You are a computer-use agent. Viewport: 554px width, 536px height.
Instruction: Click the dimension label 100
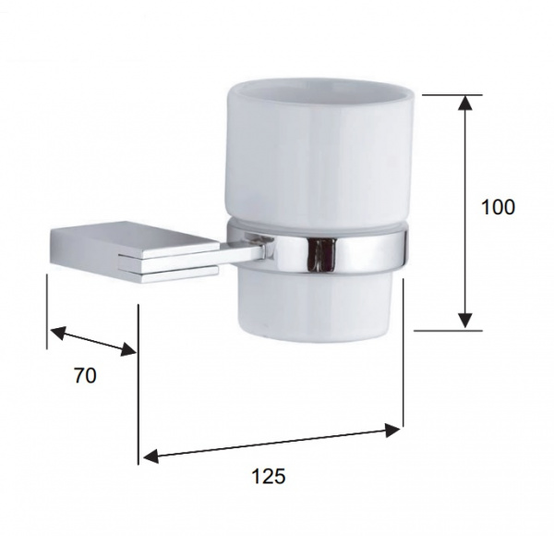pyautogui.click(x=499, y=207)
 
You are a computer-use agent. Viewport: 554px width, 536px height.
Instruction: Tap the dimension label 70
pyautogui.click(x=85, y=375)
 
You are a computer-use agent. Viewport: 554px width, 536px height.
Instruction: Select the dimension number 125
pyautogui.click(x=268, y=476)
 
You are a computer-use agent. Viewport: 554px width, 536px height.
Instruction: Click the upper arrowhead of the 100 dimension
pyautogui.click(x=466, y=103)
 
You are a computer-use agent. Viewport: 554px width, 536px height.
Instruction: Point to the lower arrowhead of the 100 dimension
pyautogui.click(x=466, y=321)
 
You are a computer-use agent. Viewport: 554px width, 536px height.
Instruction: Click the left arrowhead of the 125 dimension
pyautogui.click(x=151, y=457)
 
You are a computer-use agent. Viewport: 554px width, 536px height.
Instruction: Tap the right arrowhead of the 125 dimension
pyautogui.click(x=392, y=430)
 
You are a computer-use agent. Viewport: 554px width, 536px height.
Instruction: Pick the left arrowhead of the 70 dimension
pyautogui.click(x=58, y=333)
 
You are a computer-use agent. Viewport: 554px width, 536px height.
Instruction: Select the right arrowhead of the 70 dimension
pyautogui.click(x=128, y=349)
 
